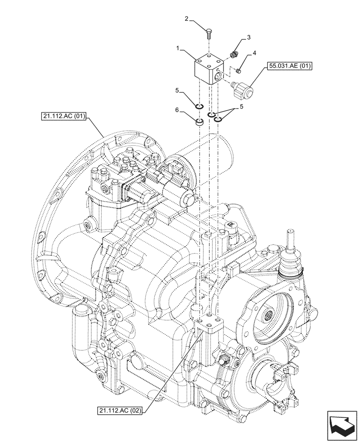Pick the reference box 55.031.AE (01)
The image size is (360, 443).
290,67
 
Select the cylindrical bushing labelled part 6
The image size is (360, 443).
200,122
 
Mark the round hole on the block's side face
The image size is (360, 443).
217,78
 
